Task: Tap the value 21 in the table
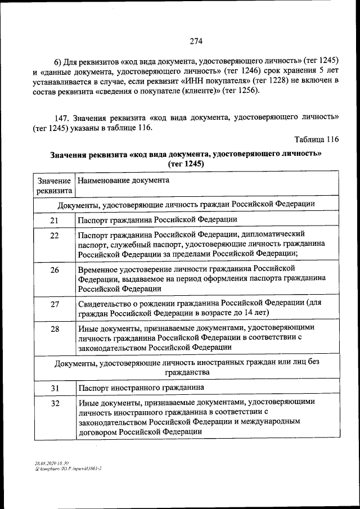click(x=55, y=220)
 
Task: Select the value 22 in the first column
click(x=55, y=235)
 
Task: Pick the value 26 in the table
click(x=55, y=270)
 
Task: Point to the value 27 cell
click(x=55, y=304)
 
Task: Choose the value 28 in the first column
click(x=55, y=329)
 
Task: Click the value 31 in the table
click(x=55, y=388)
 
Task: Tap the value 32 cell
click(x=55, y=403)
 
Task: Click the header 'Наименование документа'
click(x=124, y=181)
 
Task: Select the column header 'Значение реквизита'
click(x=54, y=186)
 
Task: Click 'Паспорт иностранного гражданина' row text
click(x=141, y=388)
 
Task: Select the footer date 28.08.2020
click(x=45, y=462)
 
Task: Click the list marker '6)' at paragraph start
click(x=57, y=60)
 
